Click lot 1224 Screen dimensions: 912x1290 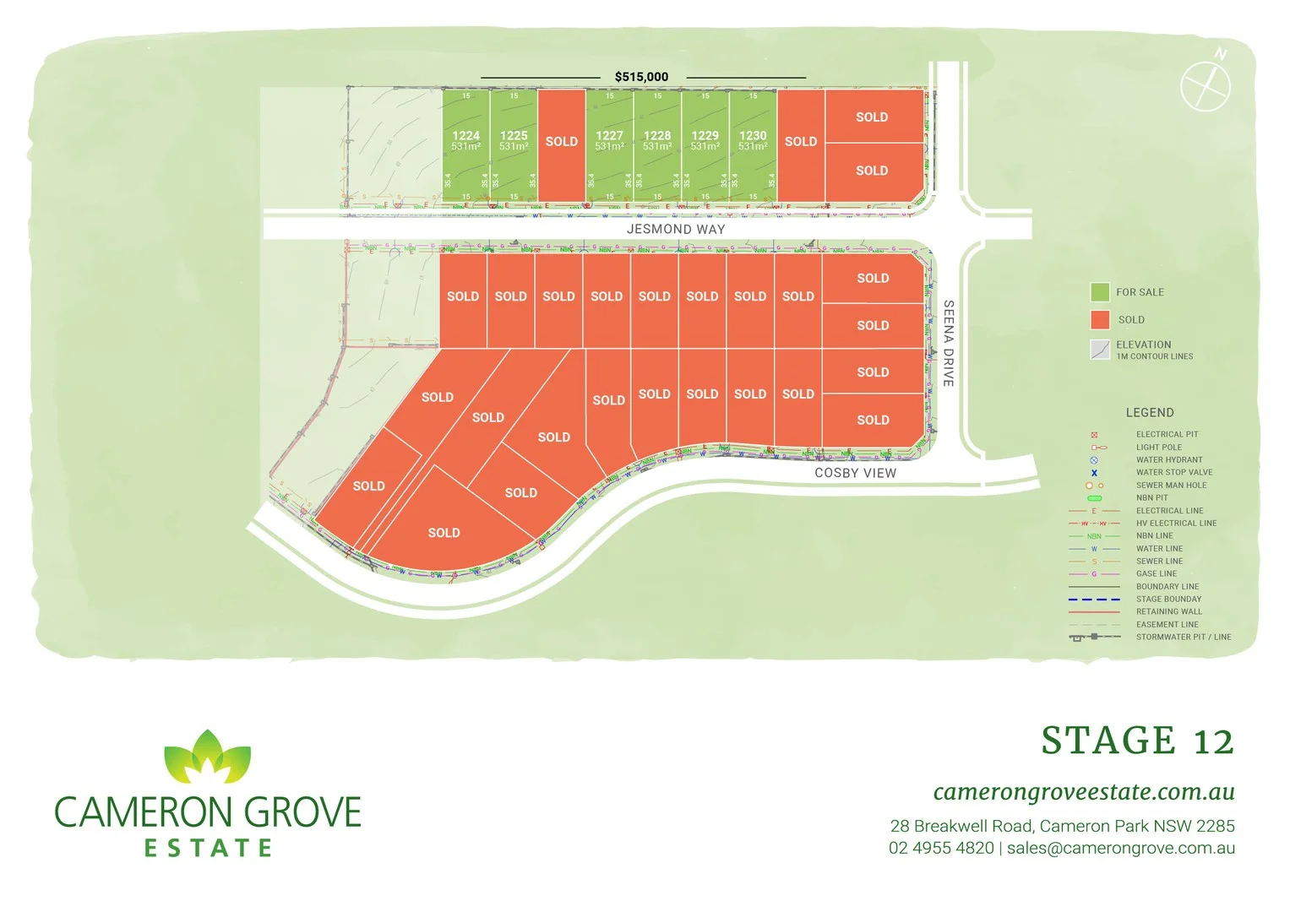pos(465,141)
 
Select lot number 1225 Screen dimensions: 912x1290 pos(514,141)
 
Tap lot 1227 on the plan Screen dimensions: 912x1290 pos(609,141)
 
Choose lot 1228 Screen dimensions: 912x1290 pos(657,141)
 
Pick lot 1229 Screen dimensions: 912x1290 pos(705,141)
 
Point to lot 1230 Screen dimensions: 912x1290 pos(753,141)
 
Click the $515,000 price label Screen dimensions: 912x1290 pos(641,77)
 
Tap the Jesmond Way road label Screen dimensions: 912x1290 pos(676,229)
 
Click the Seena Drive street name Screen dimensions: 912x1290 pos(949,343)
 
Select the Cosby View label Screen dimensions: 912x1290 pos(855,473)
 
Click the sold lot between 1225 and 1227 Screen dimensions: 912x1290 pos(562,142)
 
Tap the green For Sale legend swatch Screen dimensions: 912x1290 pos(1099,292)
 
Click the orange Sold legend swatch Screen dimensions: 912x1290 pos(1099,320)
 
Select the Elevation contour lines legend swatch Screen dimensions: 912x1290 pos(1099,349)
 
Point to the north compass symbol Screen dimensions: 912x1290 pos(1206,84)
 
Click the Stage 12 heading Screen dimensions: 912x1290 pos(1137,741)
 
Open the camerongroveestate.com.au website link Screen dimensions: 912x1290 pos(1084,792)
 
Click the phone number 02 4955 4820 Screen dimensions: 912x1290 pos(941,848)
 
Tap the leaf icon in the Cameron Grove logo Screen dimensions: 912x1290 pos(207,757)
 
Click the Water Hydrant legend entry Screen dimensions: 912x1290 pos(1168,460)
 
